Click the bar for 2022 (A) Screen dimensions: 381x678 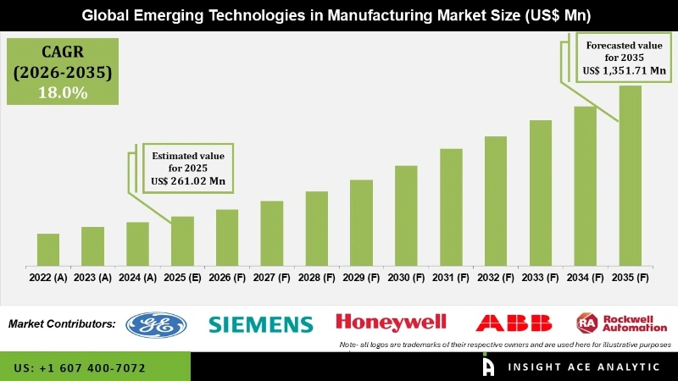[x=48, y=249]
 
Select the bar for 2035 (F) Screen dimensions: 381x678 [x=631, y=174]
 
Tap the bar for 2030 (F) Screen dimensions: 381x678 [x=406, y=215]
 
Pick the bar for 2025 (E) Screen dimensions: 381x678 [x=182, y=240]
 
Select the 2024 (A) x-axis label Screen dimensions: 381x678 [x=137, y=277]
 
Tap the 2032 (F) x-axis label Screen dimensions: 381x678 [x=496, y=277]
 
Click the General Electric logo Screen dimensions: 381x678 [x=156, y=323]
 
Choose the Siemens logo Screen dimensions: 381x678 [x=261, y=323]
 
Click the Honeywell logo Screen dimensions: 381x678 [x=392, y=322]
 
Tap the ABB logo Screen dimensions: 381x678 [x=514, y=323]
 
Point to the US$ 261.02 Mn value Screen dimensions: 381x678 [x=191, y=181]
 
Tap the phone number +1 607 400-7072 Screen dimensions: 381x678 [x=80, y=368]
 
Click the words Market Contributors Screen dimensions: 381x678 [x=62, y=323]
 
